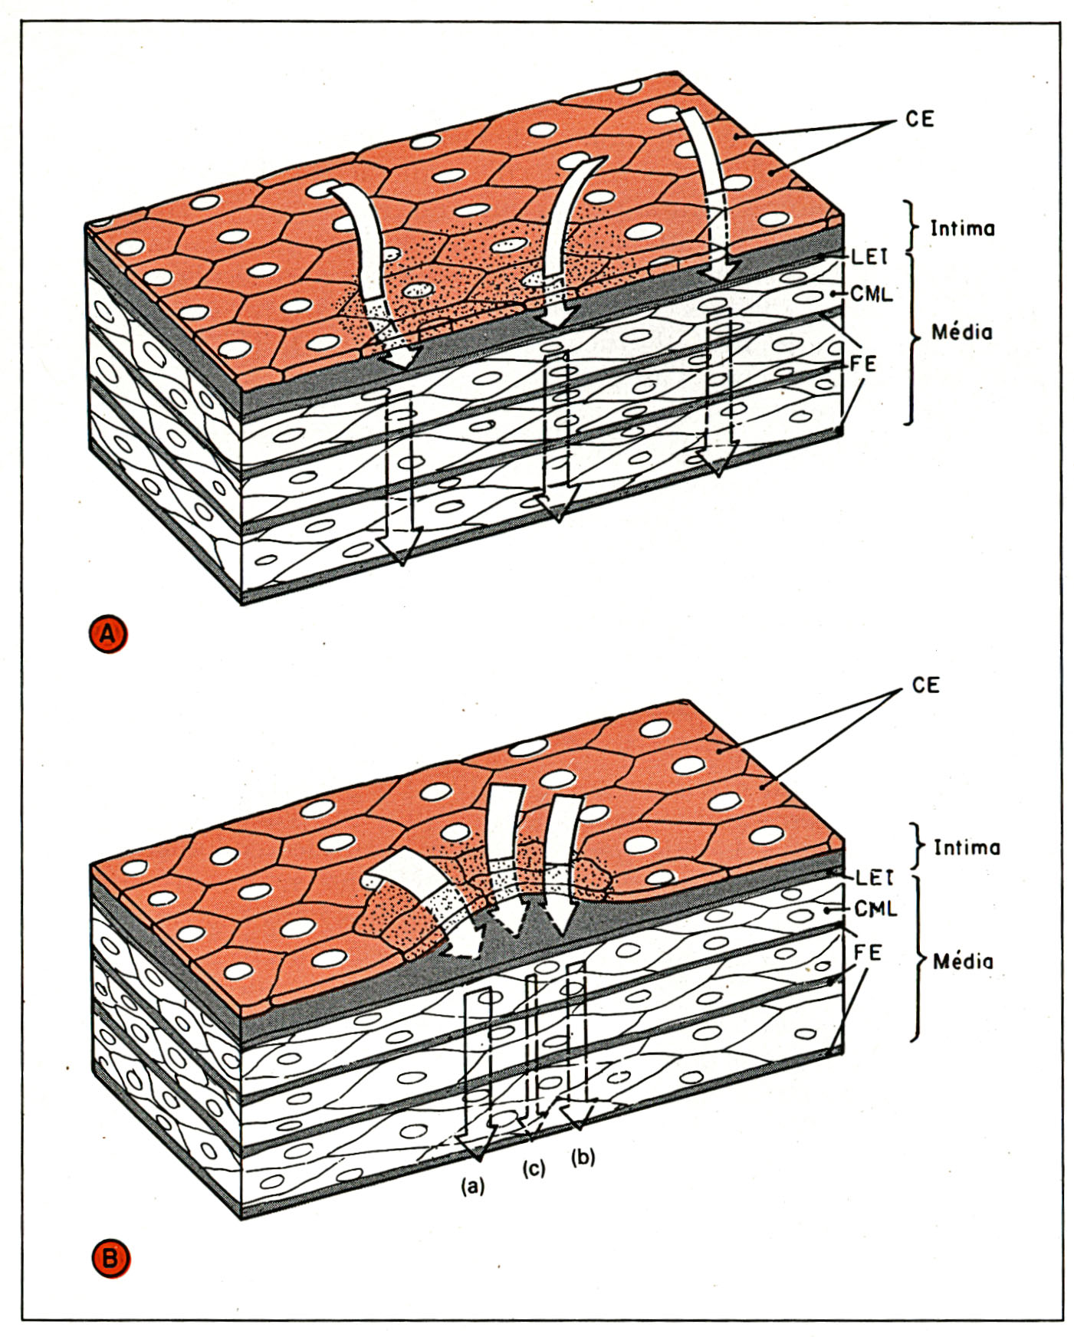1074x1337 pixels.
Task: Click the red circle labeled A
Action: point(108,634)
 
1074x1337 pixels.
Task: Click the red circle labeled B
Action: point(110,1259)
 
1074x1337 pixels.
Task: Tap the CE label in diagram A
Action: point(919,120)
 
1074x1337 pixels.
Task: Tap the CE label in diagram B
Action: point(925,685)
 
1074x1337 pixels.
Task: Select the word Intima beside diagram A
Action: point(962,228)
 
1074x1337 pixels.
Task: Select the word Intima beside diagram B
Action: point(967,847)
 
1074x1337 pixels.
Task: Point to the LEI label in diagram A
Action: point(869,257)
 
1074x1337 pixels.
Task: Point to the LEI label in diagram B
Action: point(874,878)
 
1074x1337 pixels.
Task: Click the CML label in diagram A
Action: point(872,294)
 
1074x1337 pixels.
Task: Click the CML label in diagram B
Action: point(875,909)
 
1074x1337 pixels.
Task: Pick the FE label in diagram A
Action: point(863,363)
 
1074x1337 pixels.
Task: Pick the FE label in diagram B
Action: point(868,953)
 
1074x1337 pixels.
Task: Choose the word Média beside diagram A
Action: point(961,332)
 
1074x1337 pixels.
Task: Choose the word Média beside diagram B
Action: point(963,961)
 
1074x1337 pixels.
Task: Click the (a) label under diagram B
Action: point(472,1186)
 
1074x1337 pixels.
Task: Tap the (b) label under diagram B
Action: point(583,1157)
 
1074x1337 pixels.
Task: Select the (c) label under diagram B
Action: point(534,1168)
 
